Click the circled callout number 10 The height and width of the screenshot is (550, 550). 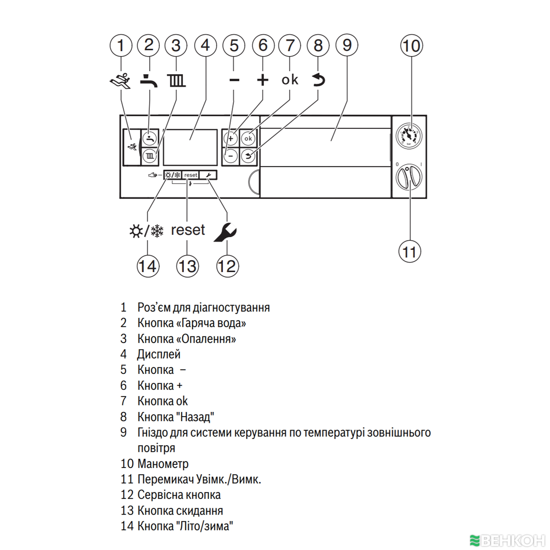point(411,46)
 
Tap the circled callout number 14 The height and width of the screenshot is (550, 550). point(148,266)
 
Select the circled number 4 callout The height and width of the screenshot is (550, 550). point(205,46)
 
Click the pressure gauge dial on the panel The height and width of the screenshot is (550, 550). point(409,135)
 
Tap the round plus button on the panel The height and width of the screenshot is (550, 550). point(231,139)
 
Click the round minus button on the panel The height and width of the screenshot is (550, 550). point(231,156)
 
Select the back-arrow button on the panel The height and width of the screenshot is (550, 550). point(248,156)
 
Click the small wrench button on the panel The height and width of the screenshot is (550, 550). point(208,175)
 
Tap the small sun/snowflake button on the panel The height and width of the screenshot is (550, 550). point(173,175)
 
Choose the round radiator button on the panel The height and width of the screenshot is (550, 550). point(150,156)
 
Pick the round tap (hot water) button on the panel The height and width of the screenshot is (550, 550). point(150,139)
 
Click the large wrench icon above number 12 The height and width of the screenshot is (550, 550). point(225,231)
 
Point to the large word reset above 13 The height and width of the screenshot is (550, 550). point(188,230)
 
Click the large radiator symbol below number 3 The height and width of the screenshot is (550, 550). point(176,81)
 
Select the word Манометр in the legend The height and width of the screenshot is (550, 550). point(163,464)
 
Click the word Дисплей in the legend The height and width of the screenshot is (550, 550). point(159,354)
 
